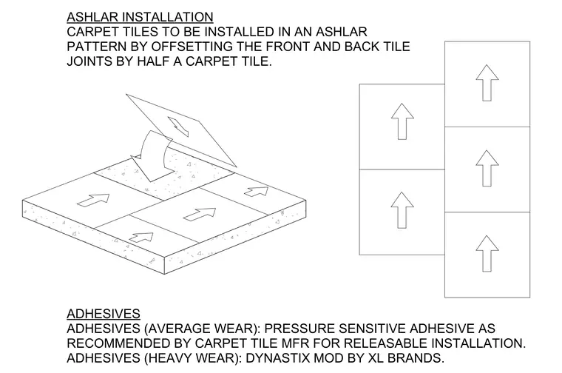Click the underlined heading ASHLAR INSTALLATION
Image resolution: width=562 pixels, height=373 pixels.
[x=140, y=17]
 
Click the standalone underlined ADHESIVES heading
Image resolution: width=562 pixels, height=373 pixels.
[x=104, y=314]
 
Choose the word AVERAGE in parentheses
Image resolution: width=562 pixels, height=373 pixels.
[x=179, y=328]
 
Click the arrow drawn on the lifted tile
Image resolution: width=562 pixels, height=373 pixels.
[x=178, y=127]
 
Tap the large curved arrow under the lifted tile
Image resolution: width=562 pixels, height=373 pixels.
[x=151, y=156]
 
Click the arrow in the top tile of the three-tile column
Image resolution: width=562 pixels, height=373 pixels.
[x=487, y=83]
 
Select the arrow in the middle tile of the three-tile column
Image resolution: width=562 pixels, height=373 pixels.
[x=487, y=168]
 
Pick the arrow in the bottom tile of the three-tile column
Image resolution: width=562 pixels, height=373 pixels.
[x=487, y=254]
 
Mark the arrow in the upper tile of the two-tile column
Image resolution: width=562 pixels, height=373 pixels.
[x=402, y=121]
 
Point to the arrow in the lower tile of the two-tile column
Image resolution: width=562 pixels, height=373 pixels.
[x=402, y=210]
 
